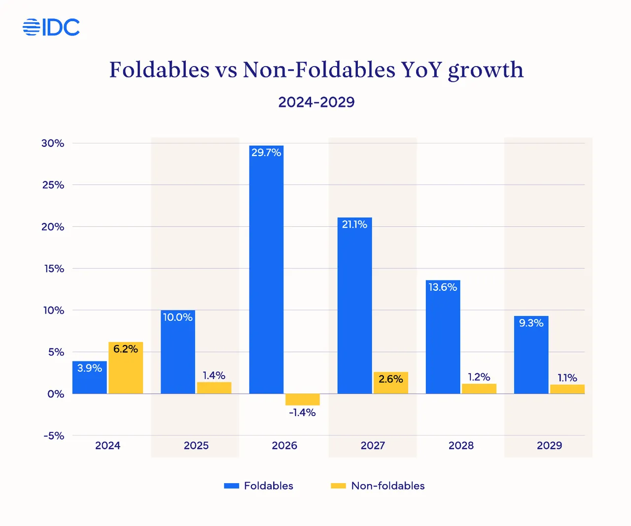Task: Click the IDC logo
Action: point(51,27)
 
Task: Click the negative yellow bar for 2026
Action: point(303,399)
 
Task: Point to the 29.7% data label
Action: point(266,153)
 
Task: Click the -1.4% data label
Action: point(302,413)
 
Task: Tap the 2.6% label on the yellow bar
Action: point(391,379)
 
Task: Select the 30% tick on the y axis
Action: point(53,143)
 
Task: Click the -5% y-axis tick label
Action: point(54,436)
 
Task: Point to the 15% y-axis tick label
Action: point(54,269)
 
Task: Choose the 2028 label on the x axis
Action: point(461,446)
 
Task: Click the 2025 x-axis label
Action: point(196,446)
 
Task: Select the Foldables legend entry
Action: point(259,486)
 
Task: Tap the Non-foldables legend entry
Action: point(378,486)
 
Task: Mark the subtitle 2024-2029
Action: point(316,102)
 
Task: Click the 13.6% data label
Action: point(443,287)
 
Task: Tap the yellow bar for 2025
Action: point(214,388)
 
